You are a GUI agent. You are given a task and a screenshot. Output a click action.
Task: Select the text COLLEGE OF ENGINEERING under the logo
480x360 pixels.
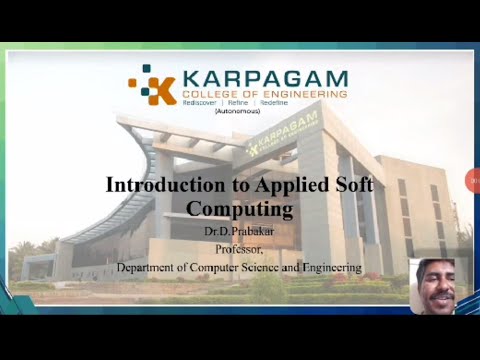click(x=264, y=94)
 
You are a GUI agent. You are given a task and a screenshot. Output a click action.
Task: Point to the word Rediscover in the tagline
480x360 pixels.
click(x=204, y=103)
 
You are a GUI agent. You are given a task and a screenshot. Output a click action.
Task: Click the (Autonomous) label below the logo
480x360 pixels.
click(x=237, y=111)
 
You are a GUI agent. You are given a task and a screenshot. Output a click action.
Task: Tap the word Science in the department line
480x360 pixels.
click(x=282, y=267)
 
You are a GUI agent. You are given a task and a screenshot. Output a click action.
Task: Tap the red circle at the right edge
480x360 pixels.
click(x=474, y=180)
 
